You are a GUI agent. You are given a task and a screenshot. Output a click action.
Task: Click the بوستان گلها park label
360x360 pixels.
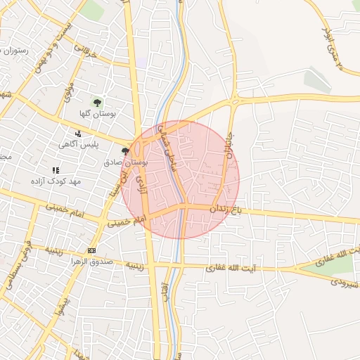click(x=98, y=114)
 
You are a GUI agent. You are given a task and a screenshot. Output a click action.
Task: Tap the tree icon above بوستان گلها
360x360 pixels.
click(x=98, y=103)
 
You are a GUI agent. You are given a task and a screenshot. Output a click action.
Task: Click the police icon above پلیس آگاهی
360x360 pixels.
click(x=78, y=133)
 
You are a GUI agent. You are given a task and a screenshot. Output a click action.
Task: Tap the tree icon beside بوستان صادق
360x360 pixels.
click(x=125, y=151)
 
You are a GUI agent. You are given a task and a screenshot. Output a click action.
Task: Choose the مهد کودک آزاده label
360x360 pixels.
click(x=56, y=181)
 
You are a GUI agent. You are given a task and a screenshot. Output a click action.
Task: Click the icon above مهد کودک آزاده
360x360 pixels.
click(x=56, y=170)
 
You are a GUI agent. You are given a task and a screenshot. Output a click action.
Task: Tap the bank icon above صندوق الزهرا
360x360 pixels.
click(x=92, y=251)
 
